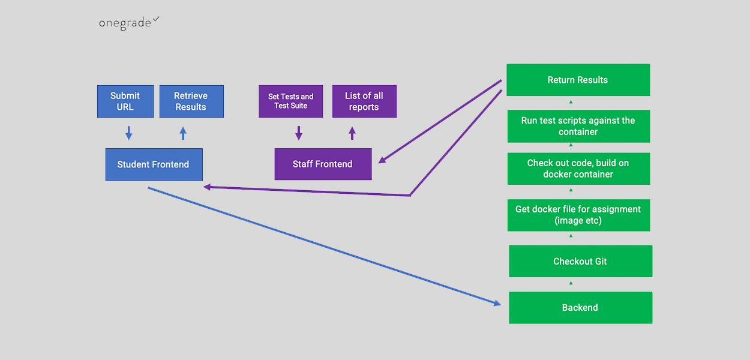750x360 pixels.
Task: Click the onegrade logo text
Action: tap(125, 24)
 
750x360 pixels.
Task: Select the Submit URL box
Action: tap(125, 101)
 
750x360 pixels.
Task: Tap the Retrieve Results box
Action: tap(191, 101)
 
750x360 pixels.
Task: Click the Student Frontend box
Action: tap(154, 164)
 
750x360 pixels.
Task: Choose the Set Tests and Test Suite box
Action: tap(291, 101)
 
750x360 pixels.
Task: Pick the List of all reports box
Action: tap(364, 101)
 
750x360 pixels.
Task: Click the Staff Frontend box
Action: tap(323, 164)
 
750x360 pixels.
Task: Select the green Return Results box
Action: tap(578, 80)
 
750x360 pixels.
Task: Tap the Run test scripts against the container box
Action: tap(578, 126)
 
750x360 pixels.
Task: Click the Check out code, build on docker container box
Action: tap(578, 169)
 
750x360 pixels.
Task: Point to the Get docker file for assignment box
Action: tap(578, 215)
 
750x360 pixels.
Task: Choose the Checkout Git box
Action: tap(580, 261)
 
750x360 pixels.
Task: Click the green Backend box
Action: tap(580, 308)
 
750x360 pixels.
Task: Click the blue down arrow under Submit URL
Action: tap(128, 133)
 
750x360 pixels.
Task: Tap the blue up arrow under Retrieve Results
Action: tap(183, 133)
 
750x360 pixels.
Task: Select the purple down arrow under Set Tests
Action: tap(299, 133)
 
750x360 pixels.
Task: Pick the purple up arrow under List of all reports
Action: tap(352, 133)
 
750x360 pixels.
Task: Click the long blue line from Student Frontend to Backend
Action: tap(324, 245)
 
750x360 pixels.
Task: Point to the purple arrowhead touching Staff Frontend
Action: tap(383, 160)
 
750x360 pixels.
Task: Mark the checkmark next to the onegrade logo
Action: tap(156, 20)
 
